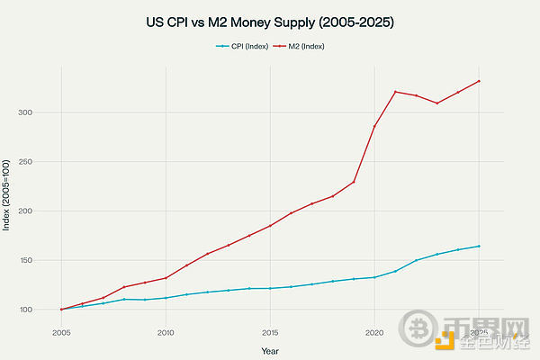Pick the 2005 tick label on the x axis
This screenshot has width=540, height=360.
click(61, 332)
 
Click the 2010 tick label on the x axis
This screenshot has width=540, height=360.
click(166, 332)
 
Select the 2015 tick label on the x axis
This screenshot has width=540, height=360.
click(270, 332)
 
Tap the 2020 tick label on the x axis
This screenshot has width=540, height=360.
click(374, 332)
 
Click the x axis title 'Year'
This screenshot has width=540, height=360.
click(270, 350)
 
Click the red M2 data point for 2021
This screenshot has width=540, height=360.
click(395, 92)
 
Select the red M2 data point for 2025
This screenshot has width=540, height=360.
click(479, 81)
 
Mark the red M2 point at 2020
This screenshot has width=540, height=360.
click(374, 126)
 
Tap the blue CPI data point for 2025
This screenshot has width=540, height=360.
click(479, 246)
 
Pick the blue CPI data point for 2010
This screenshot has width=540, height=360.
click(166, 298)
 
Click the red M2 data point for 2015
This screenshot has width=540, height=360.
click(270, 226)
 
